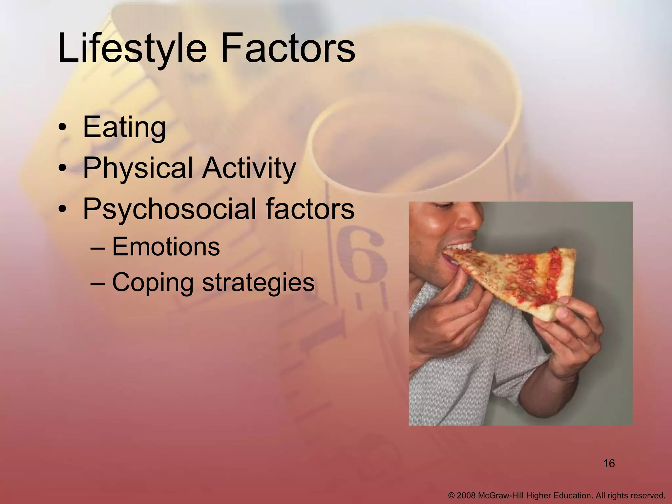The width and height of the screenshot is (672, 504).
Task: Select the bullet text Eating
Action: pos(124,128)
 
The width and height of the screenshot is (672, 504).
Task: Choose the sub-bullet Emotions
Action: pos(166,247)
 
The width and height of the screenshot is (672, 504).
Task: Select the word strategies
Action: pos(258,282)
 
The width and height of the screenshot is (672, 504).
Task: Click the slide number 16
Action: pos(609,464)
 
